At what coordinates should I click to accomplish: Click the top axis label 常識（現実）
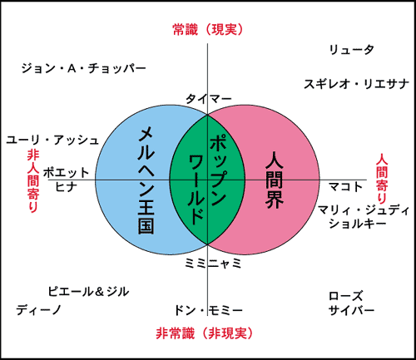208,30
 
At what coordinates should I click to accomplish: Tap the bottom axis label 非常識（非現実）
205,333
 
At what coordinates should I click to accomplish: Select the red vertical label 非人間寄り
33,181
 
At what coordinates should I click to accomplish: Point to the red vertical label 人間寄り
382,179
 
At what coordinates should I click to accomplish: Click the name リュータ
351,50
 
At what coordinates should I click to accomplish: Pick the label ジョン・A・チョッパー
83,68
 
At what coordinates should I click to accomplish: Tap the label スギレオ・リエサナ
356,84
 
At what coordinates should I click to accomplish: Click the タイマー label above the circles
209,98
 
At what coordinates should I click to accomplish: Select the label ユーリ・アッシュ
52,140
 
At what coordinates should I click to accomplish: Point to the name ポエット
66,172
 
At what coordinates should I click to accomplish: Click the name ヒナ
66,187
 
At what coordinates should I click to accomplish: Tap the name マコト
345,187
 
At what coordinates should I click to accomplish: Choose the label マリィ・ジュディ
364,210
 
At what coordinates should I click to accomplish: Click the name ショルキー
358,224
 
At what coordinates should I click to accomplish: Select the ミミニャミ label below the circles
213,264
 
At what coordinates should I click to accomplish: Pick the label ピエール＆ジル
88,292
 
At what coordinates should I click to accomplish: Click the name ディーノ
38,310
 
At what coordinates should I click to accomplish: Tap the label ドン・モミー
208,310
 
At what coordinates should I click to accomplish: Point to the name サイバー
351,310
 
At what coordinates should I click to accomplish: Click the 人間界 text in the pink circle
275,180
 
